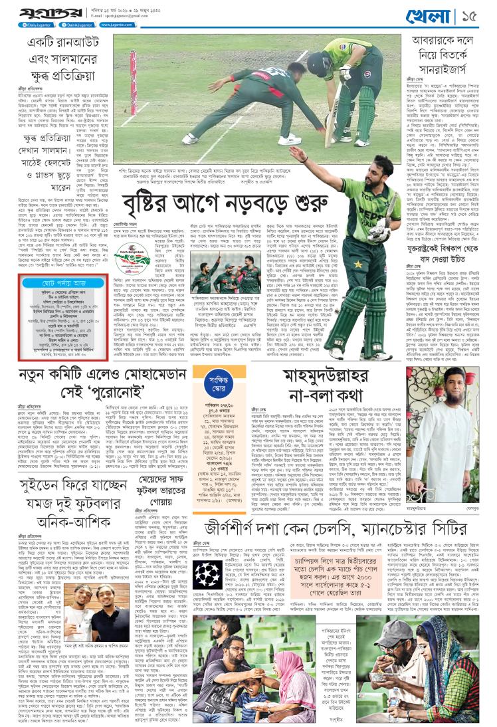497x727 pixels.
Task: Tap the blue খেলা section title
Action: pos(437,14)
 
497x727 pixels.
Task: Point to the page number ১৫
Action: pos(476,14)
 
